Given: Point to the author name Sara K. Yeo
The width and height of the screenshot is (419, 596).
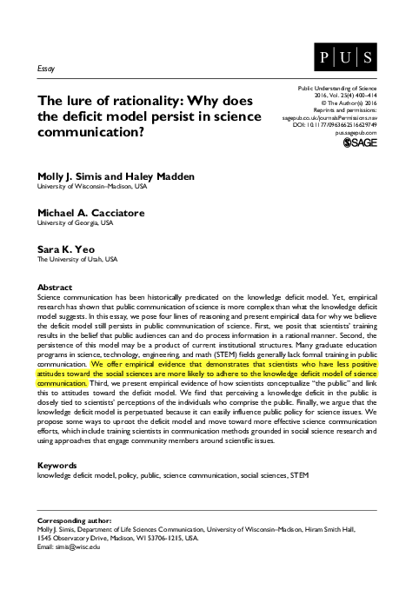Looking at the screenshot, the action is point(64,249).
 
